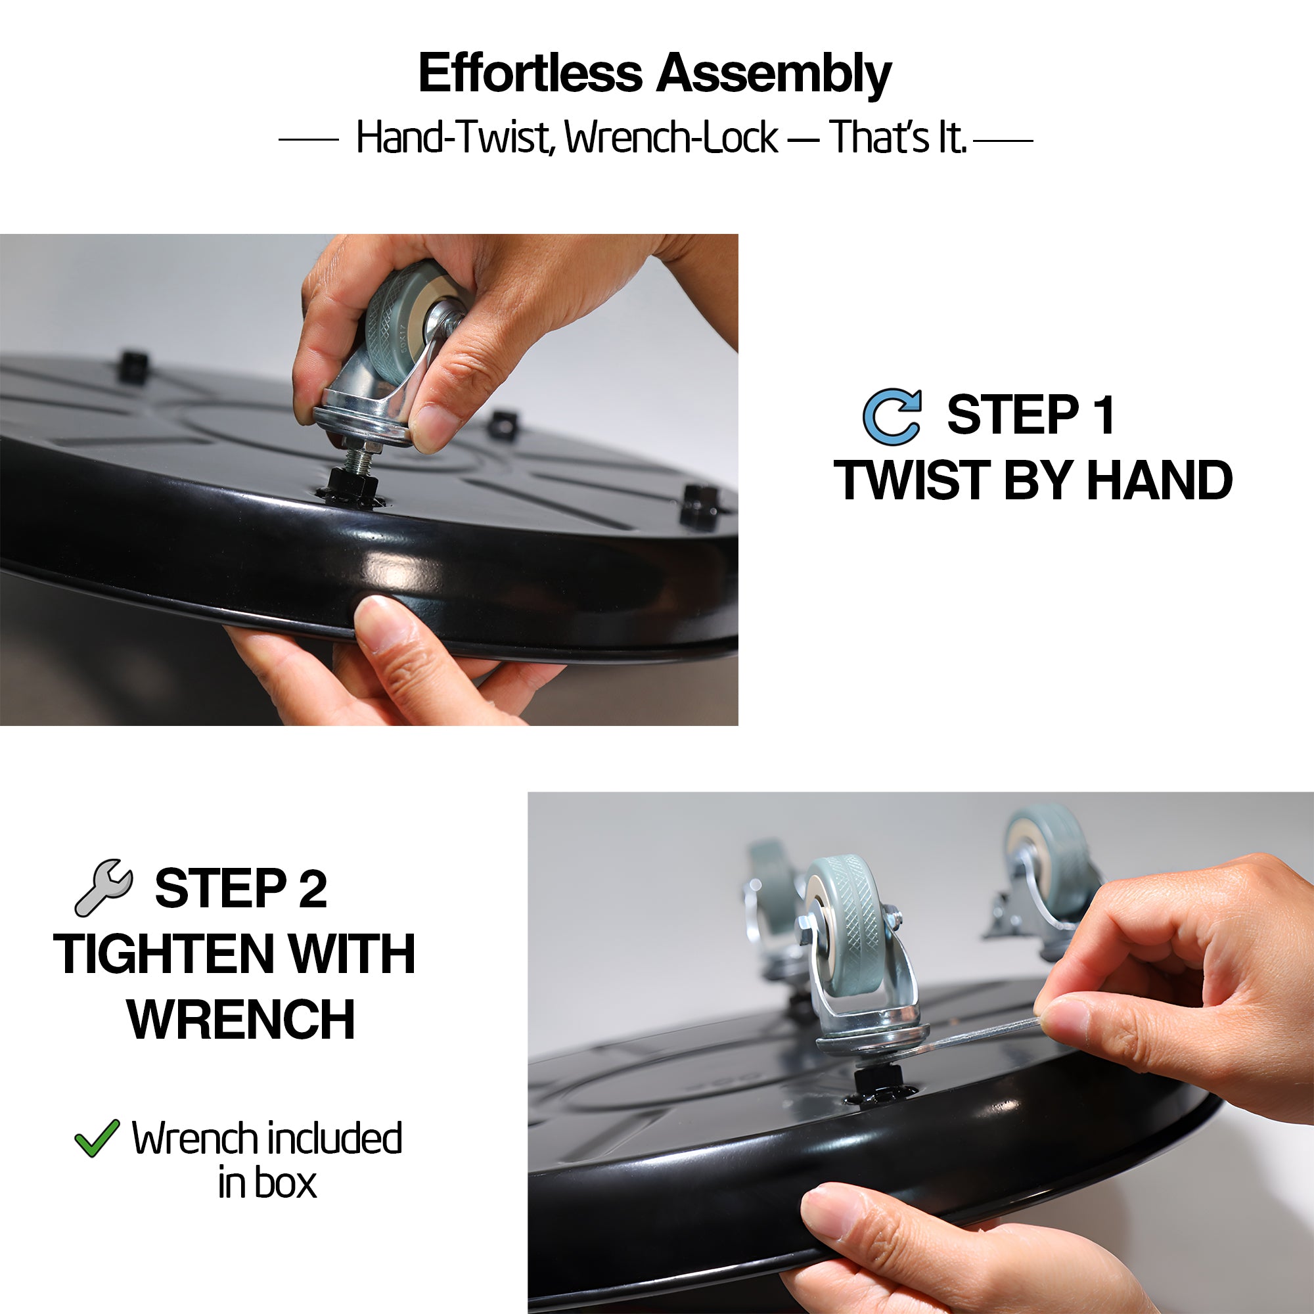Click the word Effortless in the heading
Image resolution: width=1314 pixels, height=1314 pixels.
click(x=530, y=73)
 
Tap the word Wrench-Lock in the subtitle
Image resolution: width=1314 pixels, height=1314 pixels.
click(x=671, y=137)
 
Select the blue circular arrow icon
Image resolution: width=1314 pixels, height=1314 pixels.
click(x=892, y=417)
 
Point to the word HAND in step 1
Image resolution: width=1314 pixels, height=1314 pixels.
click(x=1160, y=480)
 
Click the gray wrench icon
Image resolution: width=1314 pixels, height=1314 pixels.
click(x=104, y=888)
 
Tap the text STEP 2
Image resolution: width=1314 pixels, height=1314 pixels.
click(x=240, y=888)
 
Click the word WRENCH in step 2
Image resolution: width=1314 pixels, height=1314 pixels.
click(x=240, y=1020)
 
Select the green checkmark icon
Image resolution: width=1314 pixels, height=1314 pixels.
click(x=97, y=1139)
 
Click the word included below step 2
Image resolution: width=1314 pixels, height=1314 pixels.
click(x=334, y=1139)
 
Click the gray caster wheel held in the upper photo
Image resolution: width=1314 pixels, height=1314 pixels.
click(x=400, y=316)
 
